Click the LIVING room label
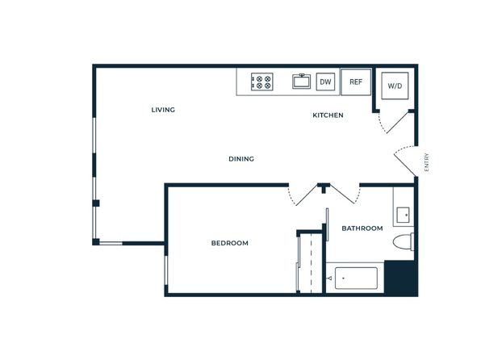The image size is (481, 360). pos(163,110)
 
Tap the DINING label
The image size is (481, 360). pos(241,159)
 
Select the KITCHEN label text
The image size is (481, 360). pos(328,115)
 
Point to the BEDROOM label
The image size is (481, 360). pos(229,243)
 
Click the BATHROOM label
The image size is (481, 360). pos(362,228)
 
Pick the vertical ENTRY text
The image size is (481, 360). pos(426,162)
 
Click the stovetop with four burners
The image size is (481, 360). pos(262,82)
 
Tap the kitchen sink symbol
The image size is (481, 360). pos(301,82)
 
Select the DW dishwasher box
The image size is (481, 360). pos(325,82)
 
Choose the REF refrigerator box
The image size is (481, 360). pos(356,82)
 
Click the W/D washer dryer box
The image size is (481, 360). pos(395,86)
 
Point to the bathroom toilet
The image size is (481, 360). pos(404,241)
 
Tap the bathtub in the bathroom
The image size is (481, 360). pos(356,278)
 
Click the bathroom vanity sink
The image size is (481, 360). pos(403,215)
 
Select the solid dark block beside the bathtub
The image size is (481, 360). pos(401,278)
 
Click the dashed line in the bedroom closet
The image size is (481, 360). pos(311,263)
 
